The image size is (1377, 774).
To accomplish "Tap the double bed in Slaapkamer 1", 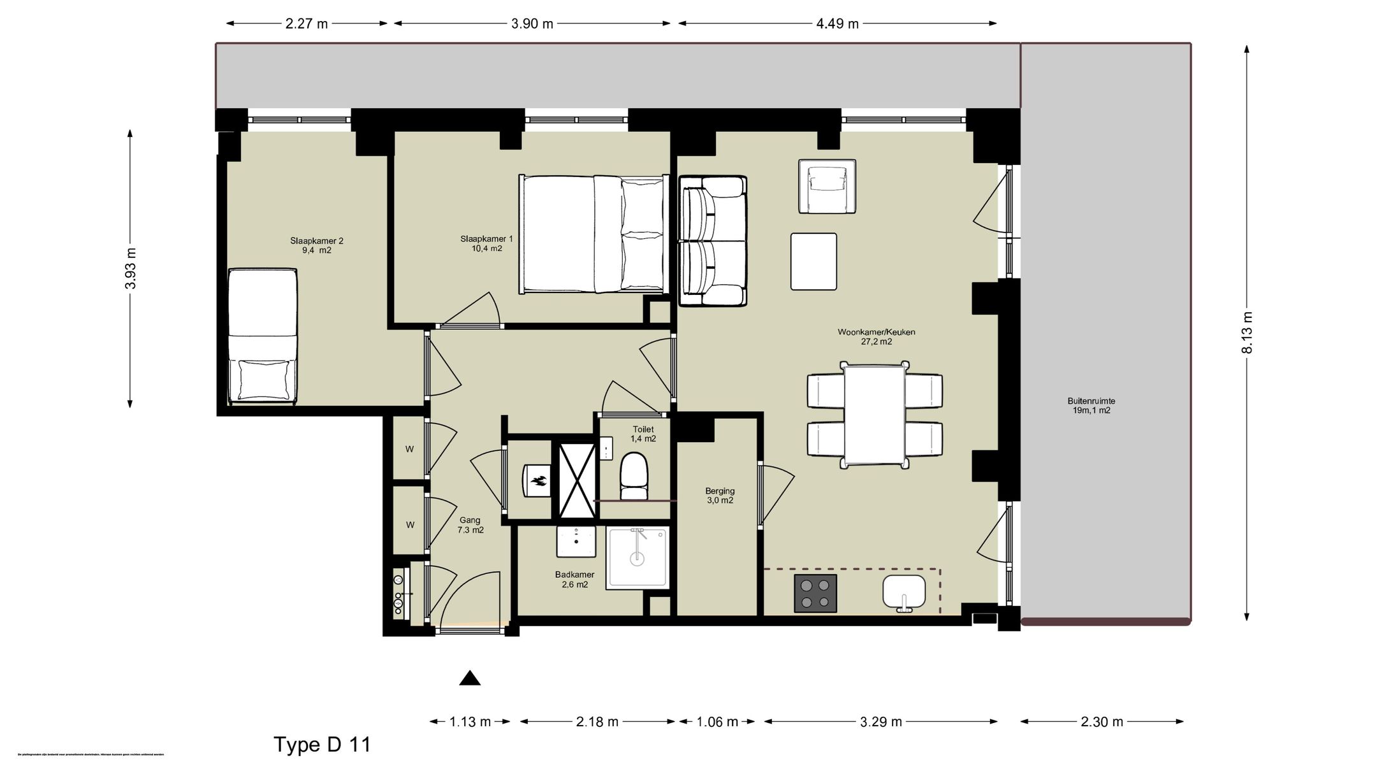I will (593, 234).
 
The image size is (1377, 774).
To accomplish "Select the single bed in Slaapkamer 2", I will (263, 336).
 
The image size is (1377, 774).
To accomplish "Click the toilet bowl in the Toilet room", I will (634, 476).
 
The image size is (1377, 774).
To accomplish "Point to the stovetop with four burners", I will (815, 593).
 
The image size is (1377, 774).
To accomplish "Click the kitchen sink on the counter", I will (904, 592).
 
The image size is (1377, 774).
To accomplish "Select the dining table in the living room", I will (875, 414).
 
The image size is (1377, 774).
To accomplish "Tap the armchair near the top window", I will (827, 186).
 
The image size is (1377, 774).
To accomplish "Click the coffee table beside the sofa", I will (813, 261).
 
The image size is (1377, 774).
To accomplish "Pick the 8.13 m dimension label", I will (1248, 333).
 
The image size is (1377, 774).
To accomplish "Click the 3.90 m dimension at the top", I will (532, 24).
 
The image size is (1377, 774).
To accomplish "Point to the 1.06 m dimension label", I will (717, 722).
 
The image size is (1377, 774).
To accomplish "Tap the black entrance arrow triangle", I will (470, 678).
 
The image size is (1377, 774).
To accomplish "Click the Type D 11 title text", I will (322, 745).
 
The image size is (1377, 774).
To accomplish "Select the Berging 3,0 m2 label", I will (720, 496).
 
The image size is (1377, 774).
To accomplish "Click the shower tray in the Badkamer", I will (637, 557).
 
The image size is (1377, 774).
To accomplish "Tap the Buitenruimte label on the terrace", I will (1091, 406).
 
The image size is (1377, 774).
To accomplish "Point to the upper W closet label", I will (409, 449).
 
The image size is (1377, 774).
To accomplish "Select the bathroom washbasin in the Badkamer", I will (576, 541).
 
